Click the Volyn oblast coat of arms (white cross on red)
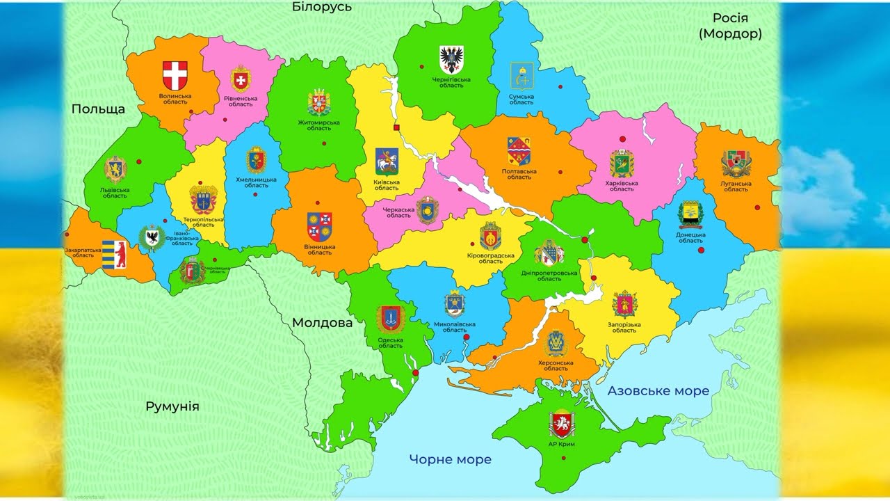(175, 74)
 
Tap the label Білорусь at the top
(322, 7)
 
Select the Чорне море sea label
(450, 459)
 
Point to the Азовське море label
(658, 390)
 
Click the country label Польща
(98, 109)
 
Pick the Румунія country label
(172, 406)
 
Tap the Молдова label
(322, 323)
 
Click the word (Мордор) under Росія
(730, 33)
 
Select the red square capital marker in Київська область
(396, 127)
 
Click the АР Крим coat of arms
(561, 424)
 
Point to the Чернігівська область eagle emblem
(451, 58)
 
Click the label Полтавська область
(519, 174)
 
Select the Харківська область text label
(622, 186)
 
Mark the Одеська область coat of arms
(390, 319)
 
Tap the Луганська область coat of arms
(736, 164)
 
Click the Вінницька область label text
(320, 250)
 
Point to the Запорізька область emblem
(624, 305)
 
